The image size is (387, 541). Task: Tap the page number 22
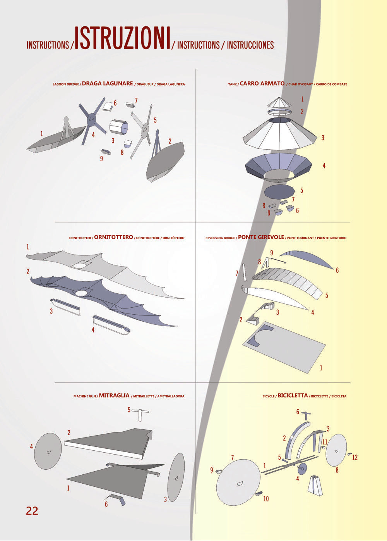pos(32,511)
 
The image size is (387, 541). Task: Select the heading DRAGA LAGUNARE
pos(107,84)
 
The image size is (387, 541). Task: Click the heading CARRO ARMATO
pos(262,84)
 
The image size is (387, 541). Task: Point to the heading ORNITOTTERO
pos(113,237)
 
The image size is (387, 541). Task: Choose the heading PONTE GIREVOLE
pos(261,237)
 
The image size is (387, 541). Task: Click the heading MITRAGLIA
pos(114,395)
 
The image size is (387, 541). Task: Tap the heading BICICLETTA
pos(293,395)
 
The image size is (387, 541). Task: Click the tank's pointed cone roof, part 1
pos(279,102)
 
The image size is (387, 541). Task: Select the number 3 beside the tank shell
pos(323,138)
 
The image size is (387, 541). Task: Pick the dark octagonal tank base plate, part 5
pos(279,192)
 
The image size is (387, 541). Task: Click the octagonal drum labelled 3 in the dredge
pos(119,127)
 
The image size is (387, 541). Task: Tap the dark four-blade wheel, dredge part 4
pos(92,121)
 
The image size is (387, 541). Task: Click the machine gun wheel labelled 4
pos(48,451)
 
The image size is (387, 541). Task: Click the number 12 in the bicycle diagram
pos(355,457)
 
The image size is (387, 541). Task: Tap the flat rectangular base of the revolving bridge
pos(284,347)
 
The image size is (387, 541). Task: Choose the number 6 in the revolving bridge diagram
pos(337,270)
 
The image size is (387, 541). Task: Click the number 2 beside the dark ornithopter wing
pos(28,271)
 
